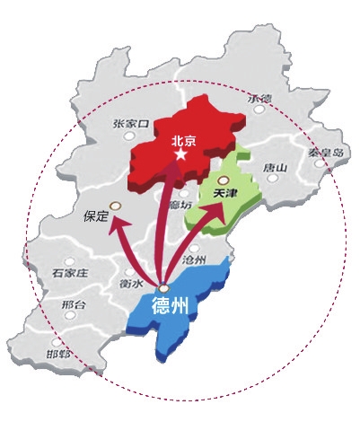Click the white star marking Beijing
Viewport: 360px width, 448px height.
pyautogui.click(x=182, y=155)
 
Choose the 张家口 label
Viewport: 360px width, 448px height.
pyautogui.click(x=131, y=123)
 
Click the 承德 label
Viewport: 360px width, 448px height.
pyautogui.click(x=259, y=99)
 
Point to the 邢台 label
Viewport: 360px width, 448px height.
pyautogui.click(x=74, y=305)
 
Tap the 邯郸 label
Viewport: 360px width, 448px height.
pyautogui.click(x=60, y=354)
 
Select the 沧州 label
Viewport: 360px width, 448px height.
pyautogui.click(x=194, y=258)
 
